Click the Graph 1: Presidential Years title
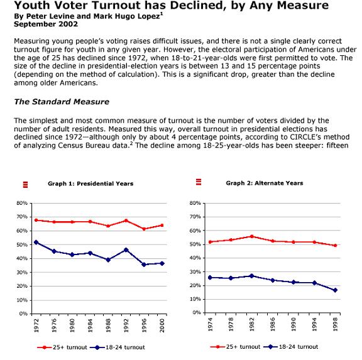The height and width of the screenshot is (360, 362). [90, 183]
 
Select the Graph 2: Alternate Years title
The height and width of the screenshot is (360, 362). [265, 183]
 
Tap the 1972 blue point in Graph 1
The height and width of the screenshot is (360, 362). [36, 243]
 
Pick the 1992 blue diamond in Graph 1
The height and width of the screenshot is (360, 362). [126, 250]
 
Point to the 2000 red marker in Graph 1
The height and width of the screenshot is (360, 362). [162, 225]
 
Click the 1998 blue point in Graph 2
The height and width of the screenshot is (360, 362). [335, 290]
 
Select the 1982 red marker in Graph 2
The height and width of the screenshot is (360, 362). [251, 236]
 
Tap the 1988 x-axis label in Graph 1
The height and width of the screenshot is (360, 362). [108, 325]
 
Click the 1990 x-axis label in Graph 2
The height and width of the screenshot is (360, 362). [293, 324]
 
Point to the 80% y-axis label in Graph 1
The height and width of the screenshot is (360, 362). [22, 203]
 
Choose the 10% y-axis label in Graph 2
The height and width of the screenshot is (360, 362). [195, 299]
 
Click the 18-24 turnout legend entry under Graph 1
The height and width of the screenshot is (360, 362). [118, 347]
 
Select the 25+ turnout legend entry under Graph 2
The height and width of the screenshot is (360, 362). [235, 347]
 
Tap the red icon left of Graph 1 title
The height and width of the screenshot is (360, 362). [25, 185]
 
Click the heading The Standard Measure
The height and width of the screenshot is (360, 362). [62, 102]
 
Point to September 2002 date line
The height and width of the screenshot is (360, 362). [46, 25]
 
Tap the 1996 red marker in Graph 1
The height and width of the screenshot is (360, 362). [144, 229]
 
